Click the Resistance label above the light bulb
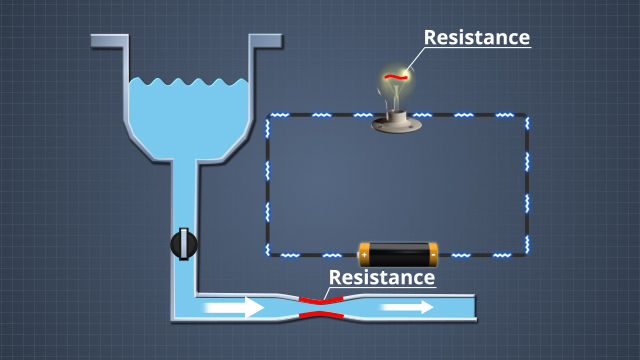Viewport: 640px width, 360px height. (x=476, y=38)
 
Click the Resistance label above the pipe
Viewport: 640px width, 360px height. (x=382, y=277)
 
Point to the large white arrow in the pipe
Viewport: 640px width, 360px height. (x=235, y=307)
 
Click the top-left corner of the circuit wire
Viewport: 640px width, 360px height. (x=268, y=116)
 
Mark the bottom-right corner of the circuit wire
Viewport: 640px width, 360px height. (x=527, y=254)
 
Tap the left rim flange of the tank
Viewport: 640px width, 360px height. (x=108, y=42)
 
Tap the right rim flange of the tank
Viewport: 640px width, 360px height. (x=265, y=42)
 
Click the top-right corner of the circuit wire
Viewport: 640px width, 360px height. (x=527, y=116)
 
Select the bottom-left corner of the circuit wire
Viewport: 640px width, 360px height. (x=268, y=254)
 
